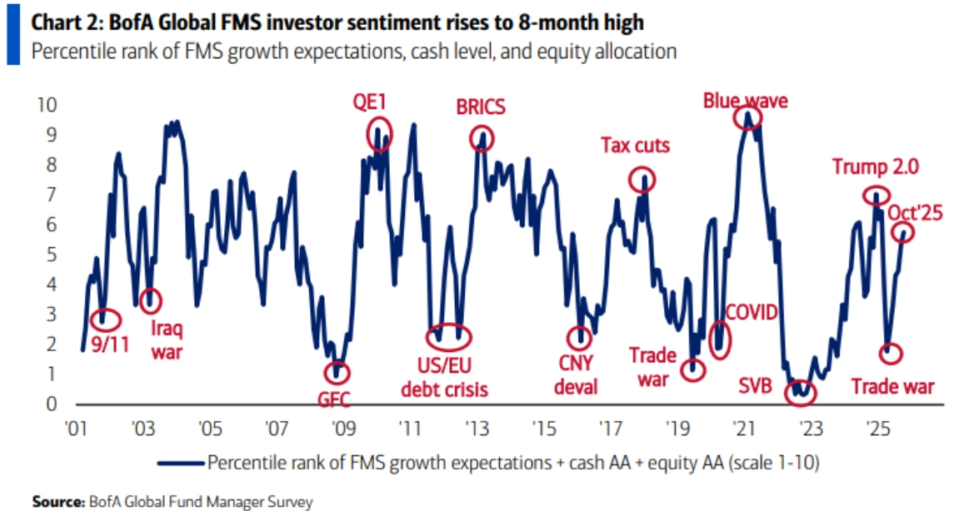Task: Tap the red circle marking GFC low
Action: [337, 372]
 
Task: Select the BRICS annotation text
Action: [481, 107]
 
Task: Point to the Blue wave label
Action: [746, 101]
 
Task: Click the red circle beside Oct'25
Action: [902, 233]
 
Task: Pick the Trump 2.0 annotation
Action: [875, 167]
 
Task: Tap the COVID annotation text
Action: [752, 313]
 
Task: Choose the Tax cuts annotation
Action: [635, 146]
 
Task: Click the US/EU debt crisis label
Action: [444, 377]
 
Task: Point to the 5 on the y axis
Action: [52, 255]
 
